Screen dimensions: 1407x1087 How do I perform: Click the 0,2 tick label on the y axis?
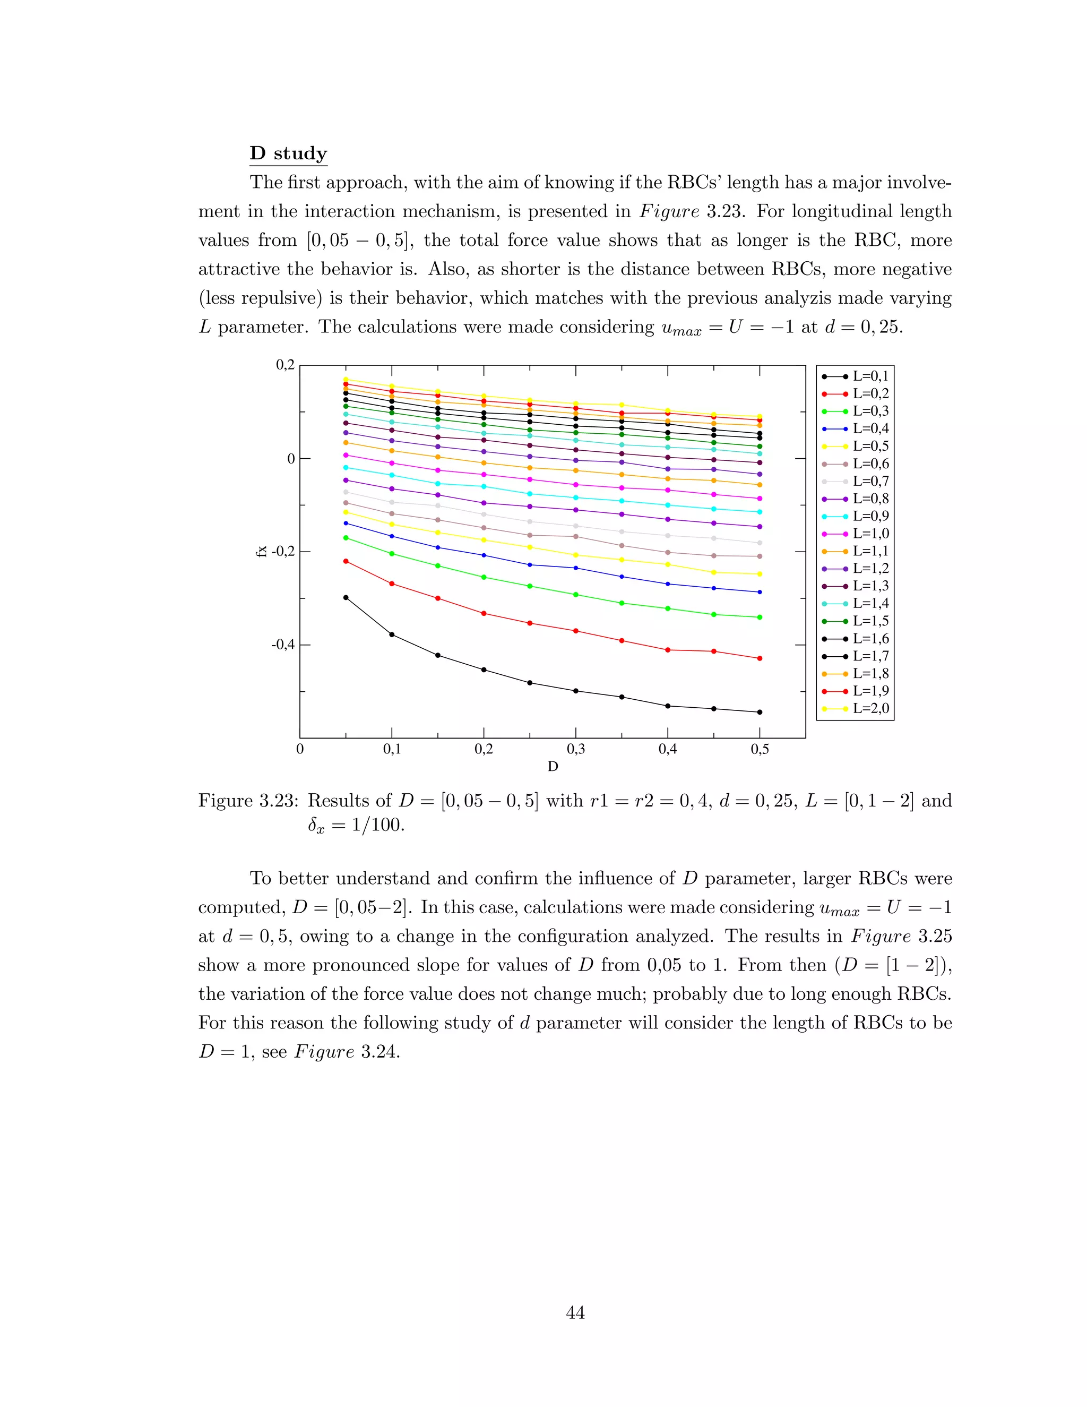coord(284,365)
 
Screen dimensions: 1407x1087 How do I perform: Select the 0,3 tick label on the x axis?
coord(576,749)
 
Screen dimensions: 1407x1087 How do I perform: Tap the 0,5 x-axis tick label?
coord(760,749)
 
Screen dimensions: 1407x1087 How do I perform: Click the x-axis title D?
coord(553,767)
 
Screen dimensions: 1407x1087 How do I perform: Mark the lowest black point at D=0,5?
coord(760,712)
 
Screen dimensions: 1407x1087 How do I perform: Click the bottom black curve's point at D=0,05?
coord(346,597)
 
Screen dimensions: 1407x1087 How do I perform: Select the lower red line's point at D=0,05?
coord(346,561)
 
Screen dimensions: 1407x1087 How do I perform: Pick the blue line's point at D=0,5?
coord(760,592)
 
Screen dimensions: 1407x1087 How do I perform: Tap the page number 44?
coord(575,1312)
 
